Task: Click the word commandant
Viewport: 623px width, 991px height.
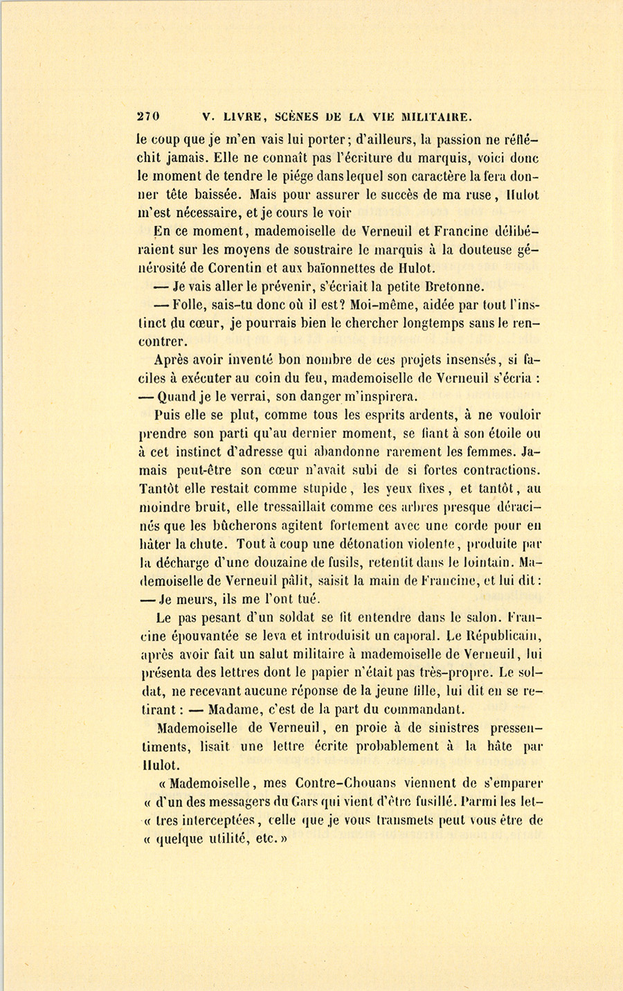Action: pos(419,709)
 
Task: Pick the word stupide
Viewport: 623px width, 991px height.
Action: pos(320,488)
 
